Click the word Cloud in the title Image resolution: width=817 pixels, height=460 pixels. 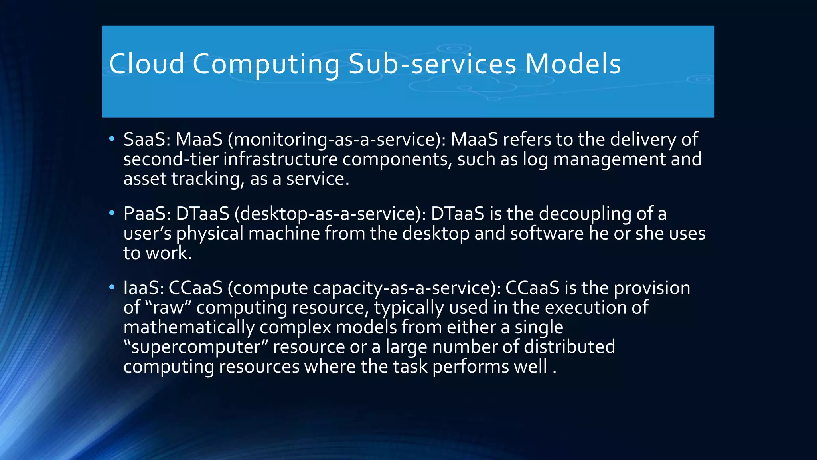point(146,64)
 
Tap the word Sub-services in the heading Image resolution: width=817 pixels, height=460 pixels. point(432,64)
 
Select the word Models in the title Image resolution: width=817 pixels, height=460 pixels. point(573,64)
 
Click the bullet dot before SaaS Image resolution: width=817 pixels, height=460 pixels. point(112,139)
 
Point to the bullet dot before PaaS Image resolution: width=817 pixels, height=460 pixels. point(112,213)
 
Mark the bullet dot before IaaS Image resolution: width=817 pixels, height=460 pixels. point(112,287)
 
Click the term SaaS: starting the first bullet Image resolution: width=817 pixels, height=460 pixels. point(147,139)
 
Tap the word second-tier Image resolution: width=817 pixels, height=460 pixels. point(171,159)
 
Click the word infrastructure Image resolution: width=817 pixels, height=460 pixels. point(280,159)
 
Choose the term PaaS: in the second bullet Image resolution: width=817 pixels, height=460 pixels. point(147,214)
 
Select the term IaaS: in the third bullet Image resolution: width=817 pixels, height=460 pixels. point(144,288)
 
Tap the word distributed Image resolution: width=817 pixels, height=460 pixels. point(569,347)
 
